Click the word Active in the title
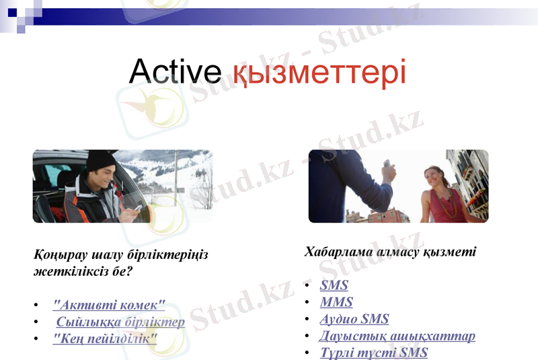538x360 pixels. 175,71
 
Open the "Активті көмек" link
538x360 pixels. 109,305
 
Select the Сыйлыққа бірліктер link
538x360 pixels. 120,322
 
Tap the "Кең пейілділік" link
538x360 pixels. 105,337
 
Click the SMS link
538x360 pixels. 334,285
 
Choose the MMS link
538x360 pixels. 336,302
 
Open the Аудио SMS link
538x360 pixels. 354,319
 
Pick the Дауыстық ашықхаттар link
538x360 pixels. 397,336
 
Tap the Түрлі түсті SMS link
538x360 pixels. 374,353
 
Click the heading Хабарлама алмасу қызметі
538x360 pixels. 390,252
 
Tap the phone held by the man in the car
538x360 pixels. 138,208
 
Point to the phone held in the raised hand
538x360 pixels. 386,165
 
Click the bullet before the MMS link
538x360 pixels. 307,303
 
